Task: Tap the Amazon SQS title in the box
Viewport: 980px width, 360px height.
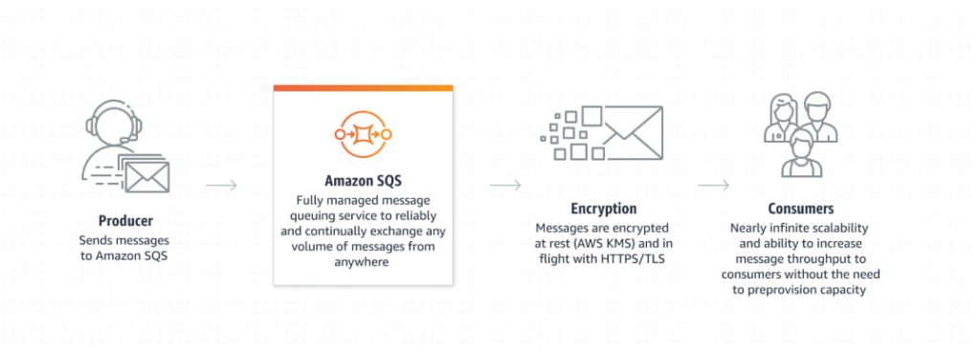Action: click(x=363, y=180)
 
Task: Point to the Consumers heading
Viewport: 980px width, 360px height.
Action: click(x=800, y=208)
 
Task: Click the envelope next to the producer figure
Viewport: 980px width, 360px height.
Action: click(x=146, y=176)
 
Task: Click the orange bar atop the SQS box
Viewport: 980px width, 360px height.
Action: click(x=363, y=88)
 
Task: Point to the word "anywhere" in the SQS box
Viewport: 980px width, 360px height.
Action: click(x=363, y=261)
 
